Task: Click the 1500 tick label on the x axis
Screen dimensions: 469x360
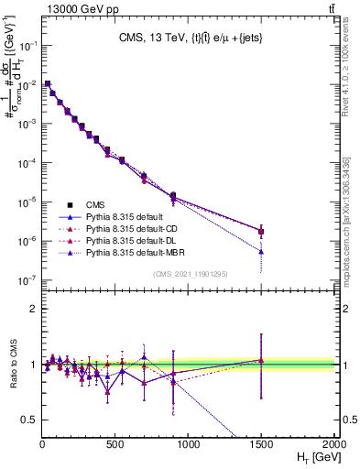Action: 261,443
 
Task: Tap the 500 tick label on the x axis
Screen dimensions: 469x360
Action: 115,443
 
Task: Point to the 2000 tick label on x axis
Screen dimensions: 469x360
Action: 333,443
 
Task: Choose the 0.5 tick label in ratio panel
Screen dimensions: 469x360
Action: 30,420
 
